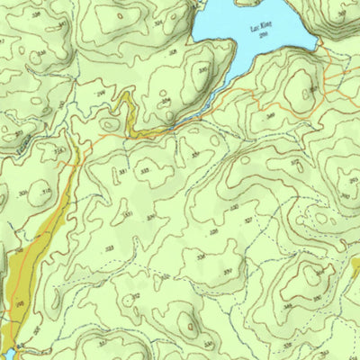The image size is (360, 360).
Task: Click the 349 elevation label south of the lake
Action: click(270, 115)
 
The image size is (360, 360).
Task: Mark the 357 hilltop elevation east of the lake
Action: click(312, 87)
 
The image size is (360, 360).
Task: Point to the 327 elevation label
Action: click(248, 219)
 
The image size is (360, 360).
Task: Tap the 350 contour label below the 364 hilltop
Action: click(316, 298)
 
